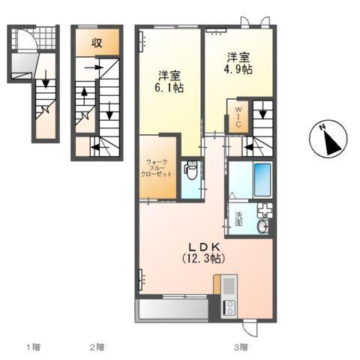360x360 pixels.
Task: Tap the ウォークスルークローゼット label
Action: (157, 167)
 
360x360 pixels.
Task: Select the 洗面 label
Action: (238, 219)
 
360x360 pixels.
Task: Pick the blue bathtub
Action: (262, 180)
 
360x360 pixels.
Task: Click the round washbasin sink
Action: (263, 227)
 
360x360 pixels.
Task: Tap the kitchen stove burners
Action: (229, 307)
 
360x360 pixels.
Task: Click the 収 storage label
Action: (97, 42)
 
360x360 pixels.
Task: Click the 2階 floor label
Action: (97, 347)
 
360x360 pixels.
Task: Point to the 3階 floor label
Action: (240, 347)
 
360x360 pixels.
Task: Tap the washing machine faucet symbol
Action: (264, 211)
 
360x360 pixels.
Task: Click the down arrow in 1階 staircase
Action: (46, 78)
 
